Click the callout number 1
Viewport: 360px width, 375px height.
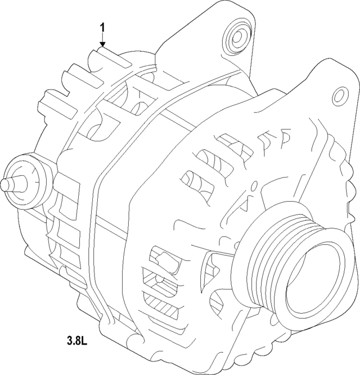point(102,27)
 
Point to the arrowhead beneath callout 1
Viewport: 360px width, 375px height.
point(102,44)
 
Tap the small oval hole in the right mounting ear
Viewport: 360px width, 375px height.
point(339,93)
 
